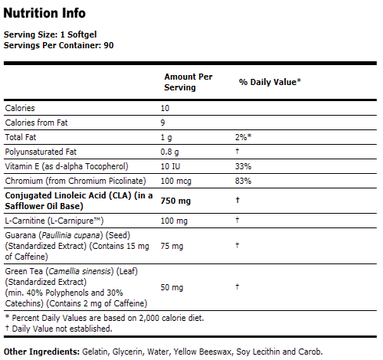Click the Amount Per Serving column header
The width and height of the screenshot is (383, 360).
point(188,83)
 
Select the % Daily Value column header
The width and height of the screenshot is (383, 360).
point(270,80)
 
